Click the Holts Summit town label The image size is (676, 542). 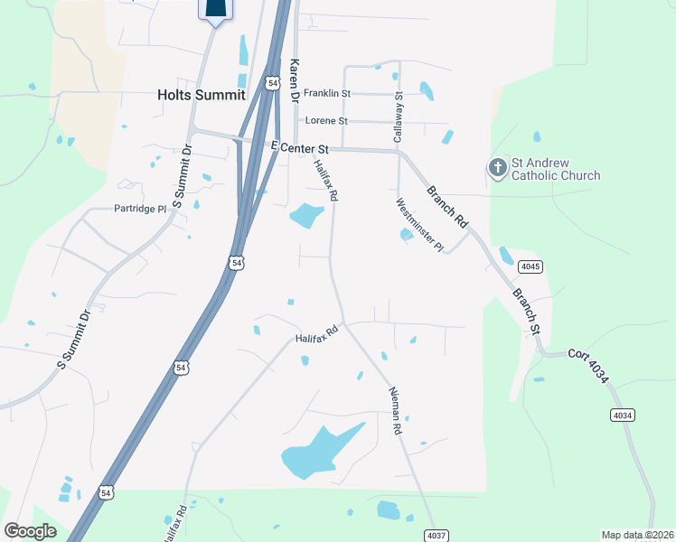point(201,93)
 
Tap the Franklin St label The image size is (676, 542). point(326,93)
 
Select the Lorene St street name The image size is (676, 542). point(326,120)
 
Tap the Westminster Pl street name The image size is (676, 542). point(419,225)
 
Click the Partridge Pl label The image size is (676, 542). point(141,209)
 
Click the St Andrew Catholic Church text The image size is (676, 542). point(556,169)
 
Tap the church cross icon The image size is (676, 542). point(497,167)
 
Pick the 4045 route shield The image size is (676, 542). point(530,266)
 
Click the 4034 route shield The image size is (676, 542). point(622,415)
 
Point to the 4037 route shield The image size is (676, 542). point(437,535)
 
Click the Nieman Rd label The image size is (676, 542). point(394,411)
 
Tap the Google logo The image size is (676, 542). point(30,531)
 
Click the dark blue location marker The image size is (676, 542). point(215,9)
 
